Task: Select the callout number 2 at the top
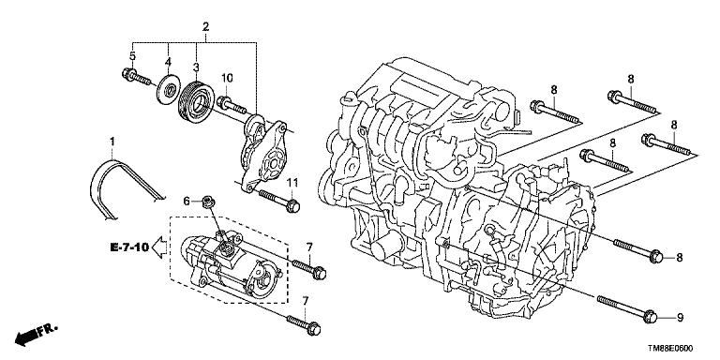(x=205, y=26)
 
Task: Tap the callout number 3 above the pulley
(x=196, y=68)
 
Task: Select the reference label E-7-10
(x=129, y=247)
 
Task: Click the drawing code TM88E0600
(x=670, y=349)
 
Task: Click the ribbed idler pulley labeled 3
(x=195, y=100)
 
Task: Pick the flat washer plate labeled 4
(x=169, y=89)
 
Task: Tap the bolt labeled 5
(x=136, y=78)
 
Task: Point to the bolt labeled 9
(x=628, y=307)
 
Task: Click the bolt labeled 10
(x=232, y=105)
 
